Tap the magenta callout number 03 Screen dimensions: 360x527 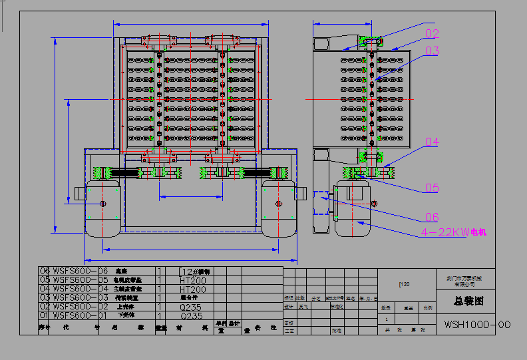pyautogui.click(x=433, y=51)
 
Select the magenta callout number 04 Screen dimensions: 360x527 pyautogui.click(x=433, y=142)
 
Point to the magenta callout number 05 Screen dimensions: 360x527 pyautogui.click(x=433, y=188)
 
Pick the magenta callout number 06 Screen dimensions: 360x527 pyautogui.click(x=433, y=217)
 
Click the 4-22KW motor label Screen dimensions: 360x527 pyautogui.click(x=454, y=232)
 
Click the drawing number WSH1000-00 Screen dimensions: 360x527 pyautogui.click(x=477, y=325)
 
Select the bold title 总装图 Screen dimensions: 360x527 pyautogui.click(x=469, y=301)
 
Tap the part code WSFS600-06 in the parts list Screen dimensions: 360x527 pyautogui.click(x=80, y=271)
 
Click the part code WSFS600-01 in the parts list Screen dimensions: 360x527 pyautogui.click(x=80, y=316)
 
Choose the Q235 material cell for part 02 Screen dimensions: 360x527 pyautogui.click(x=192, y=307)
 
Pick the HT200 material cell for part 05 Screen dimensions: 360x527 pyautogui.click(x=192, y=280)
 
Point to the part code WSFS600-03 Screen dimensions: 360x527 pyautogui.click(x=80, y=298)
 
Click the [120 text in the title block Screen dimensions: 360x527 pyautogui.click(x=404, y=284)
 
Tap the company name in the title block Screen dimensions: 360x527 pyautogui.click(x=468, y=280)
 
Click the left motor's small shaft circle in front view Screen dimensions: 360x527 pyautogui.click(x=103, y=203)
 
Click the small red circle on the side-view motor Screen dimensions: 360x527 pyautogui.click(x=373, y=203)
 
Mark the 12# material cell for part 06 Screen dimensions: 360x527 pyautogui.click(x=195, y=271)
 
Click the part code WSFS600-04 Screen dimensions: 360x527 pyautogui.click(x=80, y=289)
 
